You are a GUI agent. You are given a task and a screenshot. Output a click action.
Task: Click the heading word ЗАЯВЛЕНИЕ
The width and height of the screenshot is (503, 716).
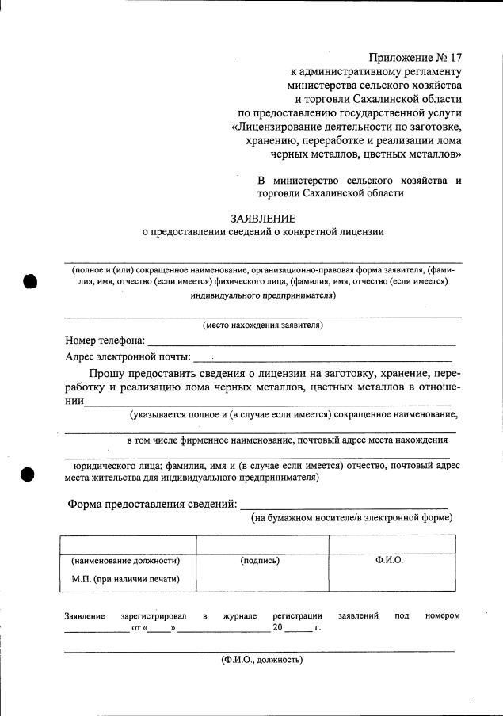click(x=263, y=218)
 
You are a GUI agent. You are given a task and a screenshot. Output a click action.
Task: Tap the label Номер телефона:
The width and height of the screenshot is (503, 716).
click(x=105, y=341)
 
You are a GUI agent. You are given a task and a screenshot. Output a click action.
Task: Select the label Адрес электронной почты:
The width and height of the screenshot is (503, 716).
click(x=128, y=357)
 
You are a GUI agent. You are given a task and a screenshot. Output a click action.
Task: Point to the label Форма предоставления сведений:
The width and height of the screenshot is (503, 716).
click(x=151, y=504)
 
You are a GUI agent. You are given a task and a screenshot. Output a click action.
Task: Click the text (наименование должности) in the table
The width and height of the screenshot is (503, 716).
click(x=125, y=561)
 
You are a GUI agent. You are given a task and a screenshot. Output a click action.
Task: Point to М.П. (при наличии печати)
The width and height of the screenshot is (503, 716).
click(x=125, y=579)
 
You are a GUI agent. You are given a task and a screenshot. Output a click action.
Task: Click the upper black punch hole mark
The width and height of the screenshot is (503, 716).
click(x=29, y=280)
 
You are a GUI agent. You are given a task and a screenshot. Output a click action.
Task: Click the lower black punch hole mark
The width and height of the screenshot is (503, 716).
click(x=29, y=473)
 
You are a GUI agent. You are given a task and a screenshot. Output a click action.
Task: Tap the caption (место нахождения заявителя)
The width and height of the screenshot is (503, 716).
click(x=262, y=325)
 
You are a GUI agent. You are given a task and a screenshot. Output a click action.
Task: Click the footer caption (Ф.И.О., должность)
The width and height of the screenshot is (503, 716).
click(x=261, y=659)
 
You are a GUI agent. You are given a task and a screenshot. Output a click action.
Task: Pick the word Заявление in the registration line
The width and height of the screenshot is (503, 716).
click(x=84, y=615)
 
